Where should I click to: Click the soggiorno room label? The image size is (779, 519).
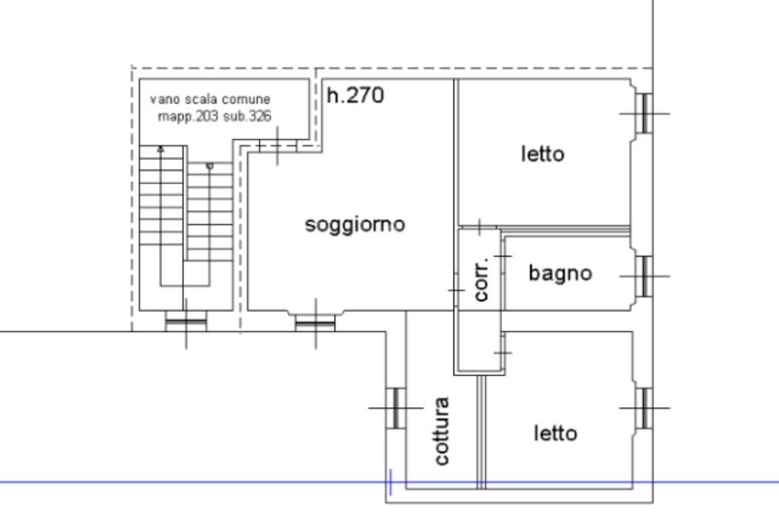[x=355, y=225]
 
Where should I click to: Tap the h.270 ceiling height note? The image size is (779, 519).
[x=355, y=96]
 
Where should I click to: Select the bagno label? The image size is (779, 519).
[x=560, y=273]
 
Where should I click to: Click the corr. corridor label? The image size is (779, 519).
[x=481, y=278]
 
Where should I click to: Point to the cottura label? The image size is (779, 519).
[x=442, y=431]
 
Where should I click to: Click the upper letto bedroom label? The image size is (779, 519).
[x=543, y=154]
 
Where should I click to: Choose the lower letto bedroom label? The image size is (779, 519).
[x=555, y=434]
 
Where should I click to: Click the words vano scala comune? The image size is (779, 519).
[x=210, y=100]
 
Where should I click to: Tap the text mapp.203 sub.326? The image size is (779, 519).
[x=215, y=116]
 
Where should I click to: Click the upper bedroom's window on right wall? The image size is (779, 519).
[x=644, y=113]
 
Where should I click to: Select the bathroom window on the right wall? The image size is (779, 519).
[x=644, y=275]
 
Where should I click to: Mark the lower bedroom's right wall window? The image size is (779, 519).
[x=644, y=408]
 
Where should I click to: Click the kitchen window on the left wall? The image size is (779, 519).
[x=396, y=408]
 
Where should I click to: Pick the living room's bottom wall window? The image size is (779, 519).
[x=316, y=323]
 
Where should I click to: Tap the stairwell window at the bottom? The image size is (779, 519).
[x=186, y=322]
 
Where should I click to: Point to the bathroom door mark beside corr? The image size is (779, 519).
[x=503, y=256]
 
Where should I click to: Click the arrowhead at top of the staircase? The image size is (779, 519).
[x=161, y=149]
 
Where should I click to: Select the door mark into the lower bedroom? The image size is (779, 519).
[x=503, y=352]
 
